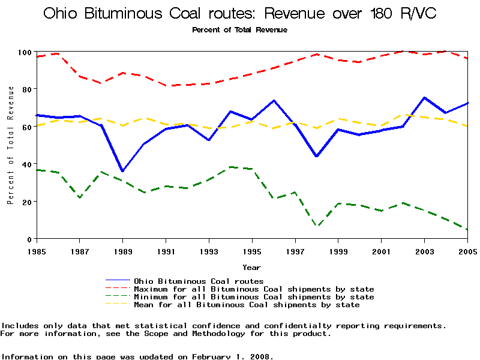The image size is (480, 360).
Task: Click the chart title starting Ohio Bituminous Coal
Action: [x=239, y=14]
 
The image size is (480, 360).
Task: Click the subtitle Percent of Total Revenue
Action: [x=239, y=30]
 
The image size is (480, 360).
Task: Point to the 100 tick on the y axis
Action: [x=23, y=52]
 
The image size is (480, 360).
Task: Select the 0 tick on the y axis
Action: [x=28, y=239]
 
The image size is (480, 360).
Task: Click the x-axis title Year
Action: [x=251, y=267]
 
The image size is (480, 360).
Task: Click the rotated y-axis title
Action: [x=11, y=145]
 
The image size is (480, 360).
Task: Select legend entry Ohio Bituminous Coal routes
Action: [x=199, y=281]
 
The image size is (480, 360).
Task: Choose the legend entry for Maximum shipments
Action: [x=254, y=289]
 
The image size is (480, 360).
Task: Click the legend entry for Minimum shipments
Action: [x=254, y=297]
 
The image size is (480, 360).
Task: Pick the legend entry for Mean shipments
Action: [x=247, y=305]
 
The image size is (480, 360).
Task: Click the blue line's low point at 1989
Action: [x=122, y=172]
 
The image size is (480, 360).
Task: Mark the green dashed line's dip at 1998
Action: [x=317, y=226]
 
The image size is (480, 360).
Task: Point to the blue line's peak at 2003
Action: [x=425, y=97]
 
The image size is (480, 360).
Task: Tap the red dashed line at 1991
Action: [x=166, y=86]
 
